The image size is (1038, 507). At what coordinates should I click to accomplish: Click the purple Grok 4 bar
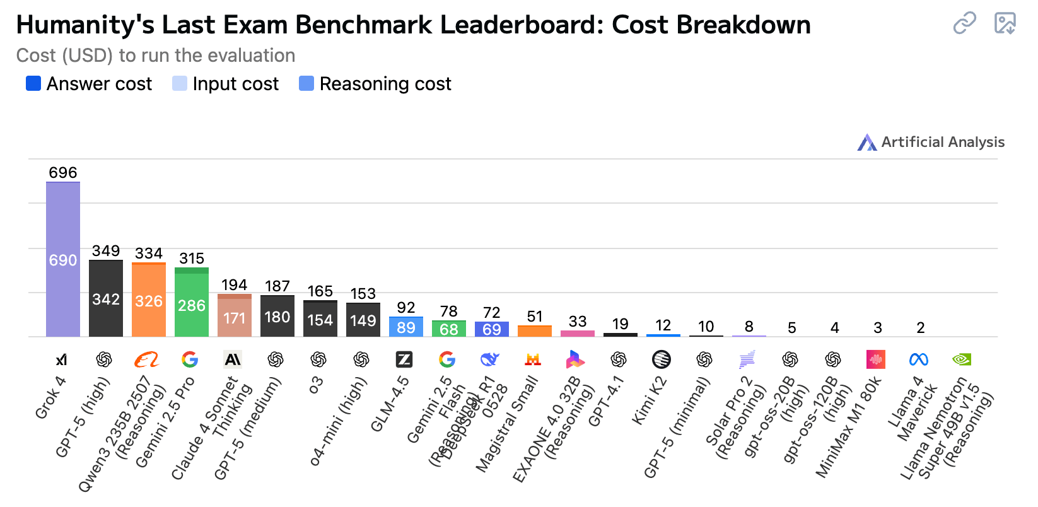pos(63,260)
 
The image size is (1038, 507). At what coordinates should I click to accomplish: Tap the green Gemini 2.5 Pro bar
pos(192,304)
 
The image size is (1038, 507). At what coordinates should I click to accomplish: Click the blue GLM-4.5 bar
pos(406,327)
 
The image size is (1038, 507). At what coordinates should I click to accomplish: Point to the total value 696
pos(63,173)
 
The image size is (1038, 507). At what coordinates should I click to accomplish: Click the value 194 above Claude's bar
pos(235,285)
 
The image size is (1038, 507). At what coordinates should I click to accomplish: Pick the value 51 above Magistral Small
pos(535,317)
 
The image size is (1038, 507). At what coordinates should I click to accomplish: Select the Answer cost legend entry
pos(89,84)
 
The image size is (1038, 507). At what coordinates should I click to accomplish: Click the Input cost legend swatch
pos(180,84)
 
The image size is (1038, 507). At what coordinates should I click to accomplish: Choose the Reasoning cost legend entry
pos(375,84)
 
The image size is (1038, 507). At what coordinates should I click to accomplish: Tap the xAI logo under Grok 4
pos(61,359)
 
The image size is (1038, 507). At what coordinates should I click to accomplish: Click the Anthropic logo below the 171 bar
pos(233,359)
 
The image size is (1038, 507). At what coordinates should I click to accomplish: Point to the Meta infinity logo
pos(919,359)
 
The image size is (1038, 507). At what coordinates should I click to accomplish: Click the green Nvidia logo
pos(962,359)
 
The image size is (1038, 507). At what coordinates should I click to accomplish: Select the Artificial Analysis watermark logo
pos(867,143)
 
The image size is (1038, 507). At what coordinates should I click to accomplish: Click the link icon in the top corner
pos(964,23)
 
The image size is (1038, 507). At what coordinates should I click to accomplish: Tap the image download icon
pos(1005,23)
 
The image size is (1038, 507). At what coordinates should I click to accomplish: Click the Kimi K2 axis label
pos(649,400)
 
